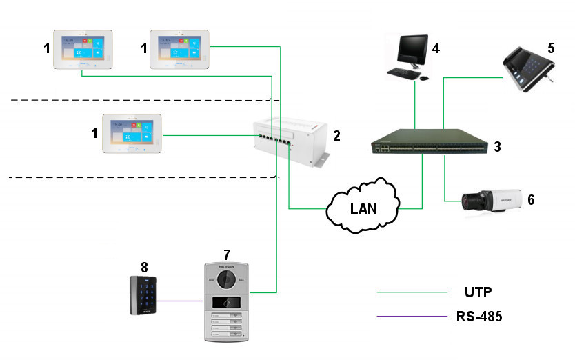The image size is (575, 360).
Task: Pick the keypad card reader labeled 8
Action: pos(143,295)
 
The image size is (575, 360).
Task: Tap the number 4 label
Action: pos(436,49)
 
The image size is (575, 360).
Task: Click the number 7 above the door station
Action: pos(227,255)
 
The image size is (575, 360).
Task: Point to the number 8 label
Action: pos(143,266)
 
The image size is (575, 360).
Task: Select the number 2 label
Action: pos(336,136)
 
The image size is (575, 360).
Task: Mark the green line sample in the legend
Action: pos(412,292)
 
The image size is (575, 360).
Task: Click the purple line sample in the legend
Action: pos(412,317)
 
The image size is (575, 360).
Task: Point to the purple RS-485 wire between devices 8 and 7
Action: pos(179,301)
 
